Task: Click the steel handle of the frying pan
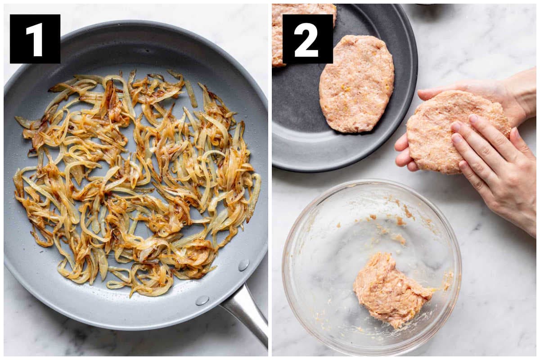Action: pos(246,315)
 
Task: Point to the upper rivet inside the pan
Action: pos(243,265)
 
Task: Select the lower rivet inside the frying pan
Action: pos(202,301)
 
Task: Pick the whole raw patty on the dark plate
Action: pos(356,84)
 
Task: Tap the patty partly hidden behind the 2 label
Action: pos(304,34)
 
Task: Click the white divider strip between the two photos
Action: pos(270,180)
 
